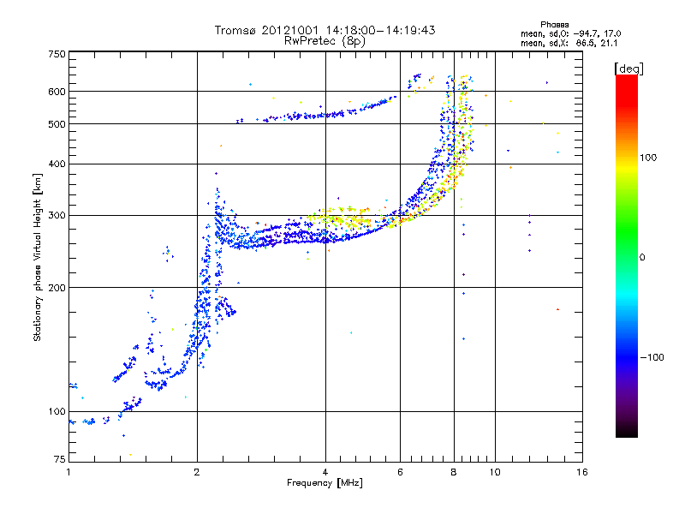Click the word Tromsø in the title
click(x=235, y=30)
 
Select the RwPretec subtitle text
click(x=313, y=40)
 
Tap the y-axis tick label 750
click(x=57, y=54)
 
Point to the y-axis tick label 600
click(x=57, y=92)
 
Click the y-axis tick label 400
click(x=57, y=164)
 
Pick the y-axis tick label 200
click(x=57, y=288)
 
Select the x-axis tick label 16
click(x=581, y=472)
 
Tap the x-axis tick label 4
click(x=325, y=472)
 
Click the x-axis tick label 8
click(x=454, y=472)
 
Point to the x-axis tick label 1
click(x=68, y=472)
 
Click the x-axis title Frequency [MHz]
click(x=325, y=483)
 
